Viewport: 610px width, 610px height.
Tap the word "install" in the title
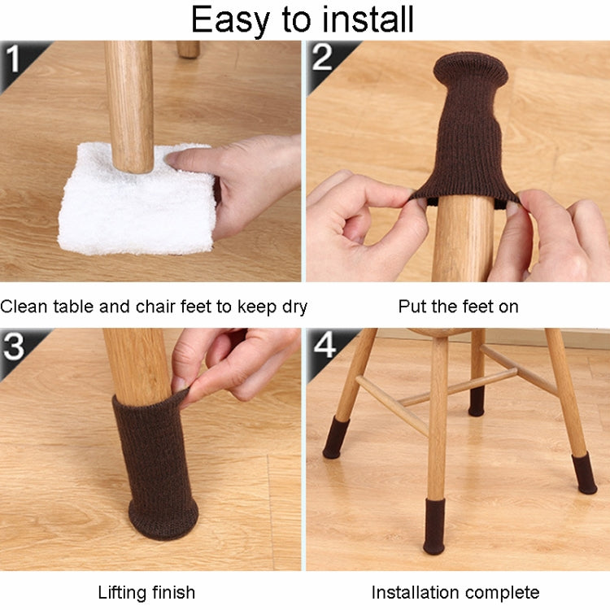(x=368, y=19)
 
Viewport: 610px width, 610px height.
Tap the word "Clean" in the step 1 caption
(x=24, y=307)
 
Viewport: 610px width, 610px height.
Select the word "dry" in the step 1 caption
(x=295, y=307)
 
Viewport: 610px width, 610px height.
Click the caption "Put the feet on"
(x=458, y=307)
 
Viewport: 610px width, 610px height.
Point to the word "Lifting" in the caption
(x=122, y=593)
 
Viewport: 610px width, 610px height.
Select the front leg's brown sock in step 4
(x=434, y=526)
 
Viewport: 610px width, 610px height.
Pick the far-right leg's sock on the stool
(x=584, y=473)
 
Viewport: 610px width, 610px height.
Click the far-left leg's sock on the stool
(x=336, y=438)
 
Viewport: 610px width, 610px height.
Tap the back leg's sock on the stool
(x=477, y=401)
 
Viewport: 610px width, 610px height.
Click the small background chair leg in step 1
(x=189, y=50)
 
